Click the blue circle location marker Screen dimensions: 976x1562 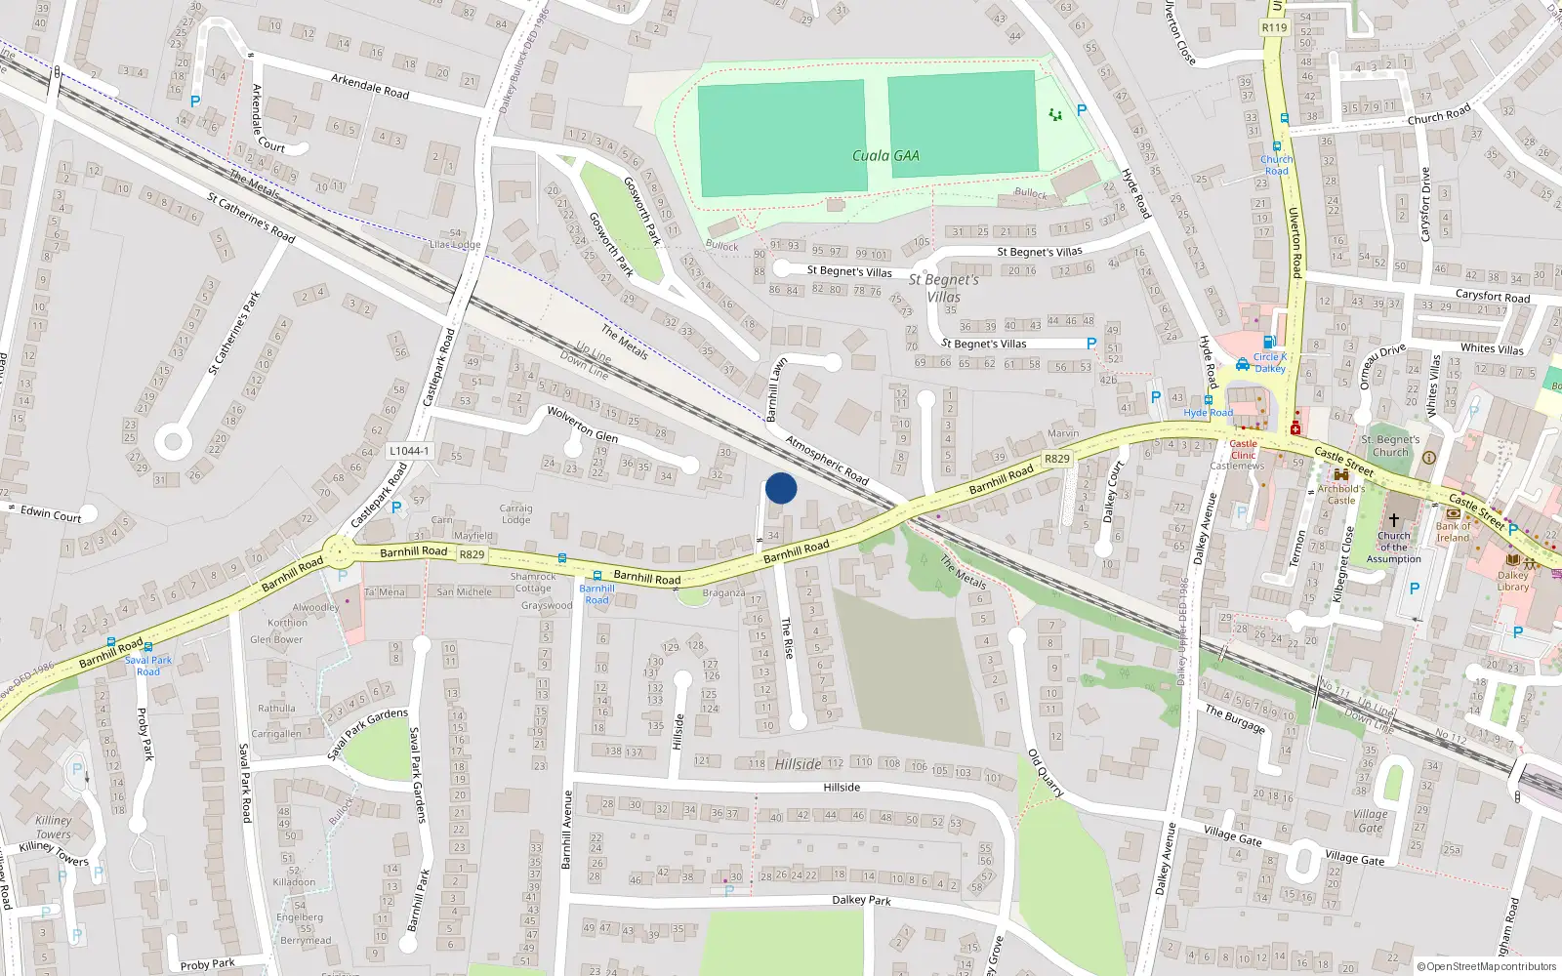pyautogui.click(x=781, y=488)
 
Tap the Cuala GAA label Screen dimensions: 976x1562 pyautogui.click(x=885, y=155)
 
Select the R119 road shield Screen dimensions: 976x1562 pyautogui.click(x=1274, y=27)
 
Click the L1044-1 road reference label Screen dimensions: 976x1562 pyautogui.click(x=409, y=451)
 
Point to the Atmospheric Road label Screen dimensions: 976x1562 pyautogui.click(x=827, y=460)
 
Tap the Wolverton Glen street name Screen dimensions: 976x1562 pyautogui.click(x=582, y=425)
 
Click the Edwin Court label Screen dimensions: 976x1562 pyautogui.click(x=51, y=514)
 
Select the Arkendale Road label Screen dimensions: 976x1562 pyautogui.click(x=369, y=86)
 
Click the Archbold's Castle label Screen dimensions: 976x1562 pyautogui.click(x=1341, y=495)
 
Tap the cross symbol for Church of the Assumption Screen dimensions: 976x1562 pyautogui.click(x=1394, y=519)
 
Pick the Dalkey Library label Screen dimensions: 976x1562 pyautogui.click(x=1513, y=581)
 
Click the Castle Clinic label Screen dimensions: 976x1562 pyautogui.click(x=1243, y=449)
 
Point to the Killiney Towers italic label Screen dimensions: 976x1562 pyautogui.click(x=53, y=828)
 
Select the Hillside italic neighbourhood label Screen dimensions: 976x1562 pyautogui.click(x=798, y=764)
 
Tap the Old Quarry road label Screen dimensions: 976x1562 pyautogui.click(x=1045, y=774)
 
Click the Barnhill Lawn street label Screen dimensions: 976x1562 pyautogui.click(x=777, y=389)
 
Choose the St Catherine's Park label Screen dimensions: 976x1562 pyautogui.click(x=234, y=333)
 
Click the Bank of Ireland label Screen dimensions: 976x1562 pyautogui.click(x=1453, y=532)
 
